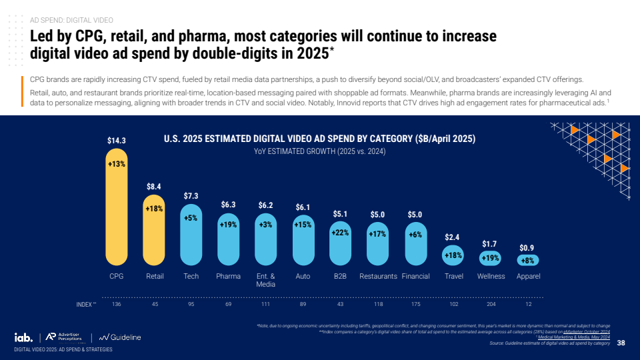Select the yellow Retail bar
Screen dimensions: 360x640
(154, 230)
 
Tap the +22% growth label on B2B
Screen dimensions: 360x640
(341, 233)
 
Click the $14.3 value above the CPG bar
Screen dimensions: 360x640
(117, 141)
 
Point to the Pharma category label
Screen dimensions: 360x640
(228, 276)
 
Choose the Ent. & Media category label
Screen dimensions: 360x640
(266, 280)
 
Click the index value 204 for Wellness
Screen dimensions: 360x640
(491, 304)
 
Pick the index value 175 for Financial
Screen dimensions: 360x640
(416, 304)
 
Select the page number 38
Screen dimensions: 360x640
(621, 343)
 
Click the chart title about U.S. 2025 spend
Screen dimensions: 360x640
(319, 139)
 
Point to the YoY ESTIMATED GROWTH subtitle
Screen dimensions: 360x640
(319, 152)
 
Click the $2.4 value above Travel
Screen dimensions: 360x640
(453, 237)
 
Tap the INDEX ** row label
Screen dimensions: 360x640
(86, 304)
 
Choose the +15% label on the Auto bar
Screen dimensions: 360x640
(303, 225)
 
